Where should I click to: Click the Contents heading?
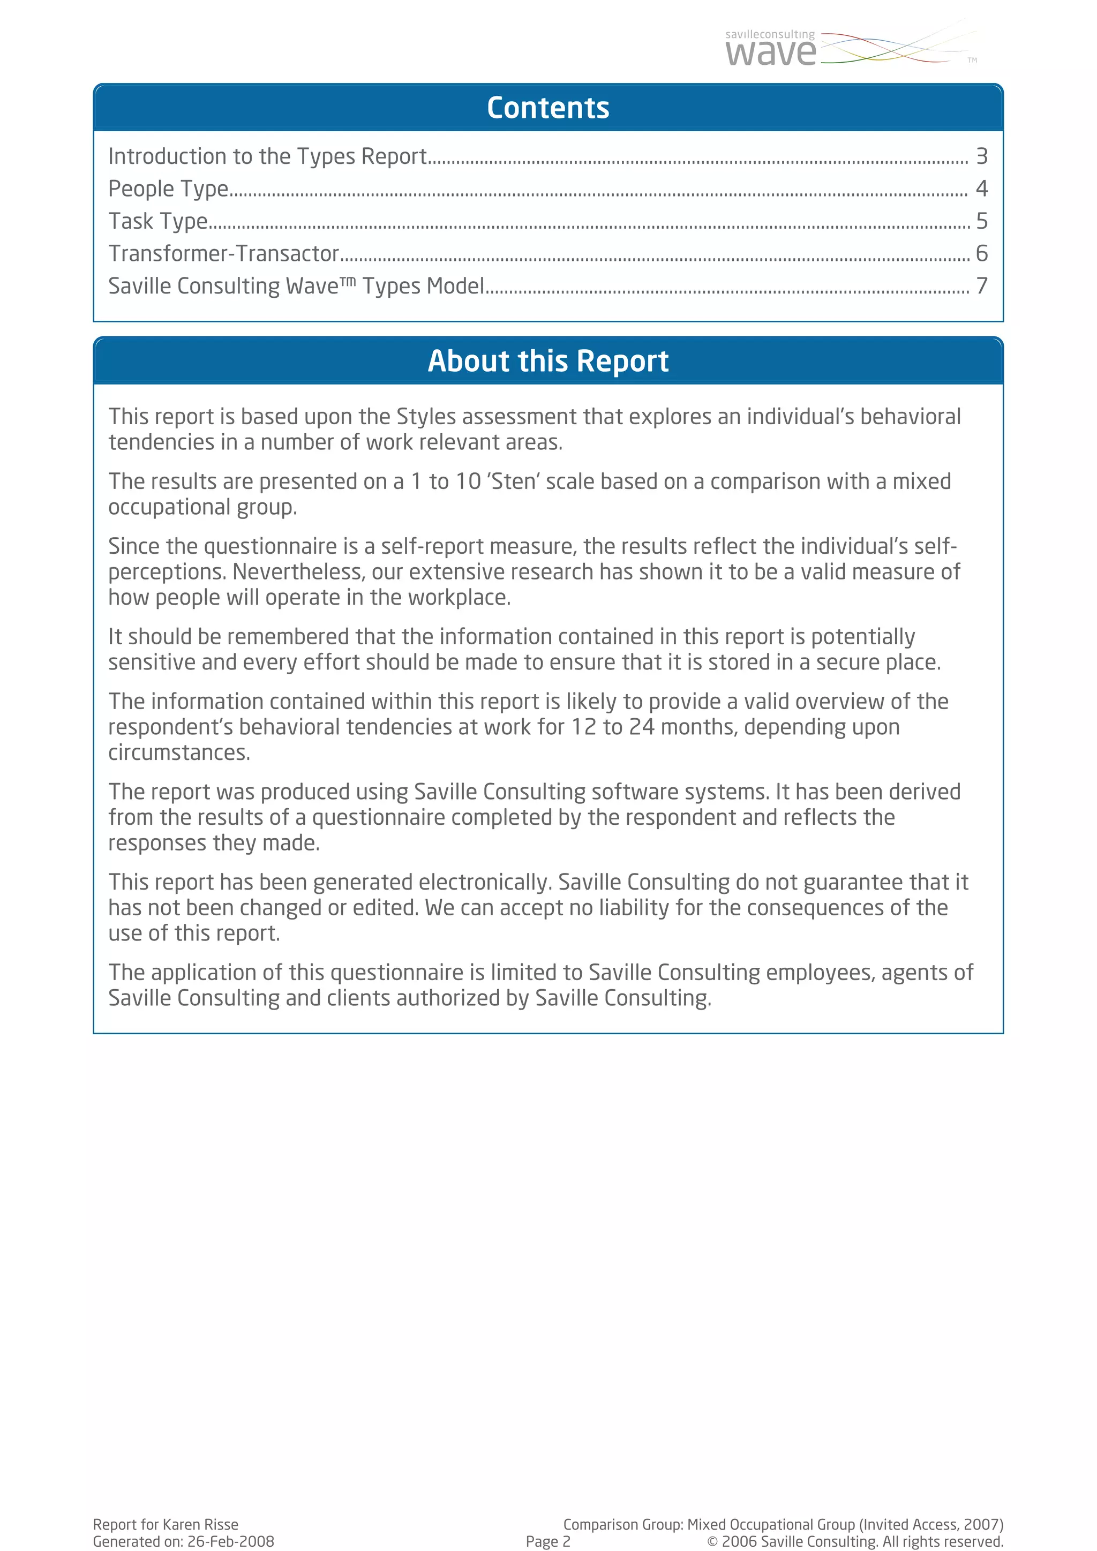pos(548,108)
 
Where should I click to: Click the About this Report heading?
pos(548,361)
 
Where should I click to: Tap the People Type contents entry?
pos(168,189)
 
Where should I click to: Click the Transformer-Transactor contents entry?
pos(223,254)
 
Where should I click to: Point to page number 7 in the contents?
pos(981,287)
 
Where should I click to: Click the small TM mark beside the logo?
pos(972,60)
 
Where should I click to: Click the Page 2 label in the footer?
pos(548,1541)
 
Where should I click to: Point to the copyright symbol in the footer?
pos(712,1541)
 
